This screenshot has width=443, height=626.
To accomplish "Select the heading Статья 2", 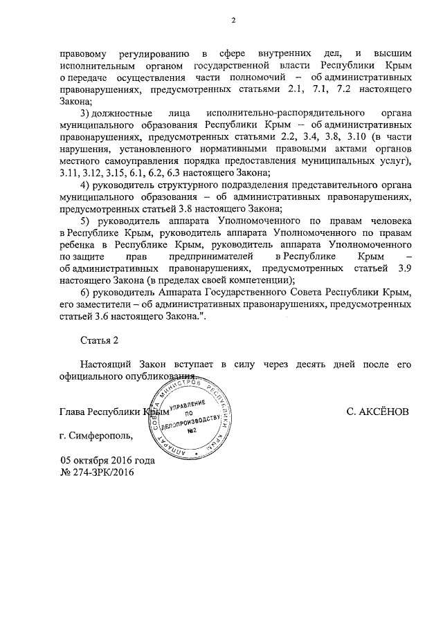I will coord(100,340).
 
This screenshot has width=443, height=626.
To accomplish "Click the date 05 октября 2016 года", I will coord(107,461).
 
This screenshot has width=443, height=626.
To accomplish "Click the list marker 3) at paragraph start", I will coord(85,112).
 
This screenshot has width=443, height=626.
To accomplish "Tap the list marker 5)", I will coord(85,220).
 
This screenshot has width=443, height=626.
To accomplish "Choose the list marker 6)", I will coord(85,292).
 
